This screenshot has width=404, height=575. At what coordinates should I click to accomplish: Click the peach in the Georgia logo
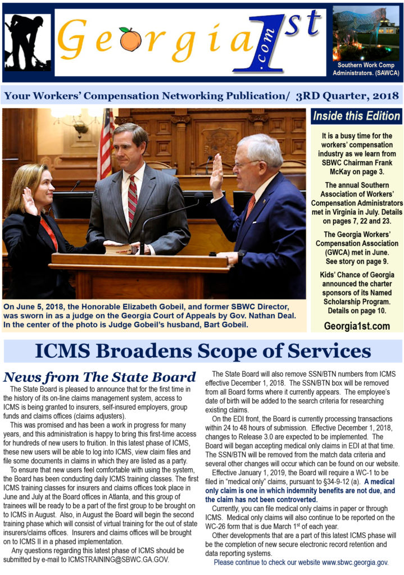tap(131, 40)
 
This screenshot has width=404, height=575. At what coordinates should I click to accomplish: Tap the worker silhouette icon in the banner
tap(27, 42)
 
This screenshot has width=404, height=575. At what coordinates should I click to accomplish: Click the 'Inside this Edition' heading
tap(356, 117)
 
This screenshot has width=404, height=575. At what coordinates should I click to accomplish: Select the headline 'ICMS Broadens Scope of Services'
tap(202, 351)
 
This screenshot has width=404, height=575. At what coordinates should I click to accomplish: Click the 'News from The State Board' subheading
tap(99, 377)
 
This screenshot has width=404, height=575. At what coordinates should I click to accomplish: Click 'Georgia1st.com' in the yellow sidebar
tap(357, 326)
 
